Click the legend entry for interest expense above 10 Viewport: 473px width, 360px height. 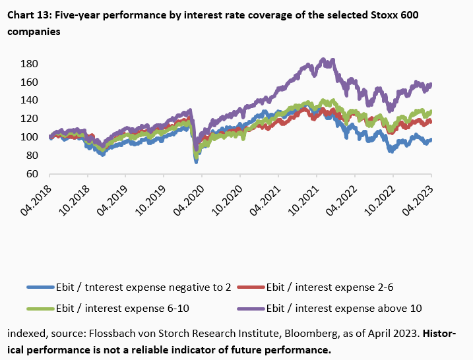[343, 307]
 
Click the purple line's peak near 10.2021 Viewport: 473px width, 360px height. [323, 60]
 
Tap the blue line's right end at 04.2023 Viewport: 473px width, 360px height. [430, 140]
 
